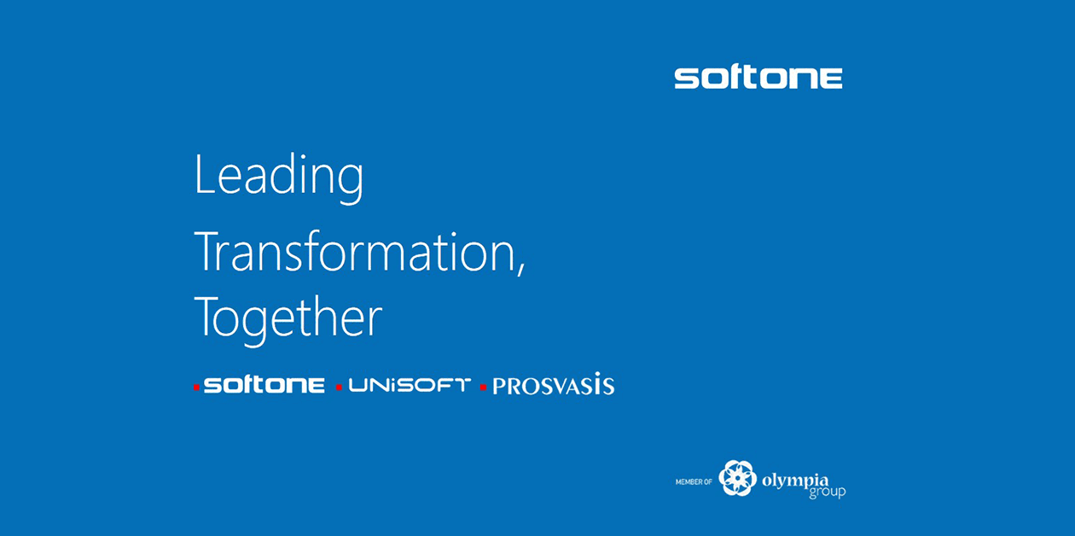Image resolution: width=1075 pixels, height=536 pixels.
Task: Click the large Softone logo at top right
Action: pos(758,78)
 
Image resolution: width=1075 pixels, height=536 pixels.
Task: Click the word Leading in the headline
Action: pos(279,177)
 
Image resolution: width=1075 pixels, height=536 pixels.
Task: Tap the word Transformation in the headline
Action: pos(354,251)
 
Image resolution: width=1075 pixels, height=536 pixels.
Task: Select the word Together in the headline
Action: pos(288,319)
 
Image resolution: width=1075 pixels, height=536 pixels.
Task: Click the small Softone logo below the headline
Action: pos(264,385)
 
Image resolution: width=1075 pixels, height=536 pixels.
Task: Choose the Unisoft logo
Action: pos(410,385)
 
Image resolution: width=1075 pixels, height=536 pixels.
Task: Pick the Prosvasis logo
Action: pos(554,384)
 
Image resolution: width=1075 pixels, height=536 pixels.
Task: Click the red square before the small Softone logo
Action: pos(196,387)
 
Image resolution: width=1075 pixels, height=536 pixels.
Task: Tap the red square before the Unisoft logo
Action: pos(339,387)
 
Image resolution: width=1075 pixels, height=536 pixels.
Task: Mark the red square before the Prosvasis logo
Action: pos(483,387)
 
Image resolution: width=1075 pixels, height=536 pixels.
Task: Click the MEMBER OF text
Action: pos(694,481)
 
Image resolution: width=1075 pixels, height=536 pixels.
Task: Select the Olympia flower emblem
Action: pos(738,478)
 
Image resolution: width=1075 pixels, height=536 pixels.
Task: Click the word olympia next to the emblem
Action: pos(795,481)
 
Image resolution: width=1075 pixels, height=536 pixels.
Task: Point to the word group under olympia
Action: pos(828,492)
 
